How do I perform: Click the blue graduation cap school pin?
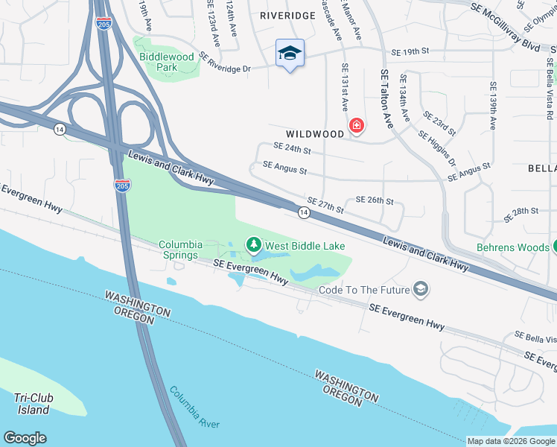(290, 54)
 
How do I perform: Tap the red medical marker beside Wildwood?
(357, 125)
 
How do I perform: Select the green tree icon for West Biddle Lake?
(254, 245)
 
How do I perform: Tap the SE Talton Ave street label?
(386, 100)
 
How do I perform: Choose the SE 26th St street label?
(374, 200)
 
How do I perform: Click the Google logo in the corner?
(25, 438)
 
